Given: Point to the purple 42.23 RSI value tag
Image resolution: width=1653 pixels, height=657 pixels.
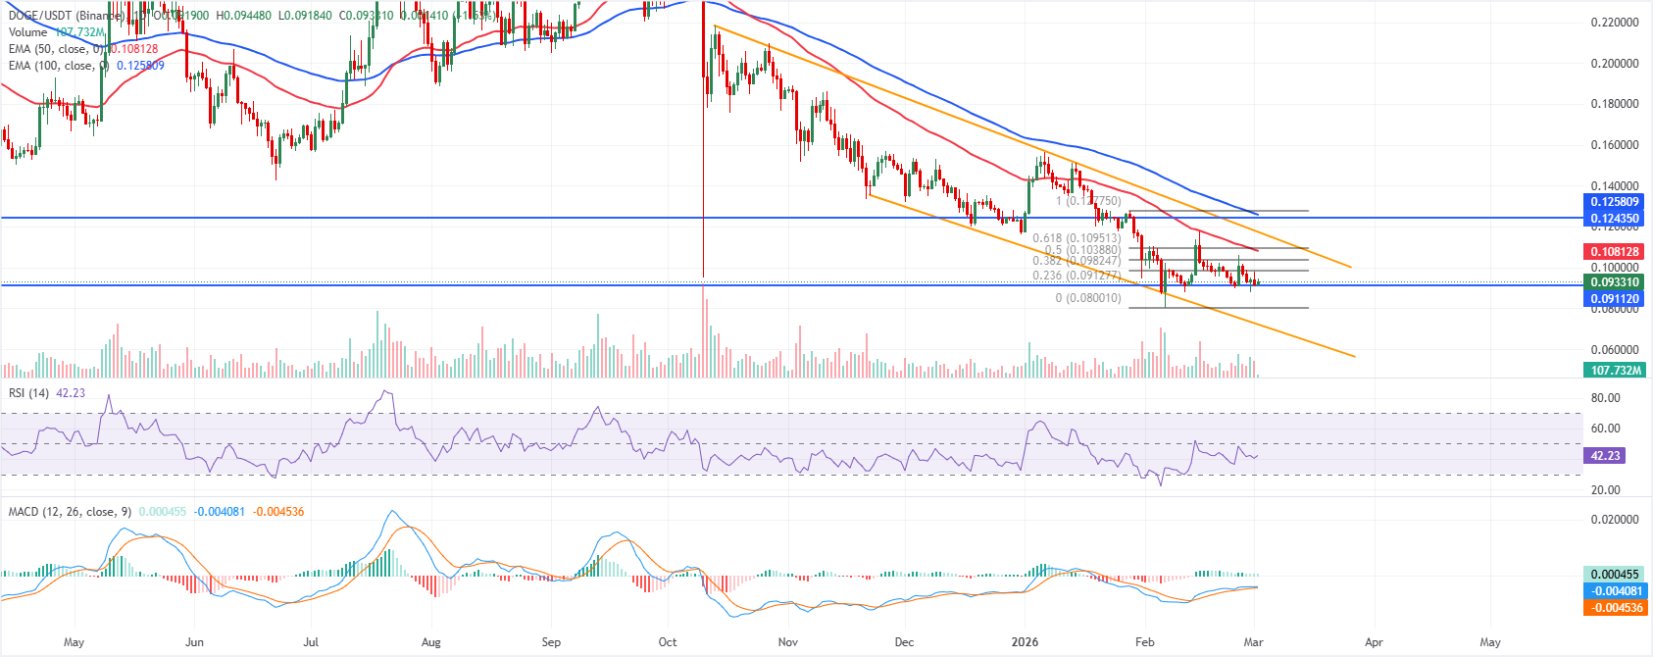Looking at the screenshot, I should point(1605,456).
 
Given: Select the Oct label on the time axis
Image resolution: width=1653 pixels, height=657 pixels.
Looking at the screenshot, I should point(668,642).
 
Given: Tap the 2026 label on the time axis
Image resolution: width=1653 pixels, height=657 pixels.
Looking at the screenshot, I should point(1026,642).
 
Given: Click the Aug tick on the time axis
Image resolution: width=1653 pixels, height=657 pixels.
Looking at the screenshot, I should point(431,642).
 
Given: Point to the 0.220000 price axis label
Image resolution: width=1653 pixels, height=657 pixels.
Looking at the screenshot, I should point(1615,23).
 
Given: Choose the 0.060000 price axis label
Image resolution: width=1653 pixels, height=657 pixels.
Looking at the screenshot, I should point(1615,350).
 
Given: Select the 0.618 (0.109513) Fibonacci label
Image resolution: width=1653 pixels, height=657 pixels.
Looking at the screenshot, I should point(1077,238).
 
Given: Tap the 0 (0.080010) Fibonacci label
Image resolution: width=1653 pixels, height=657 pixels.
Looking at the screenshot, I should point(1088,298).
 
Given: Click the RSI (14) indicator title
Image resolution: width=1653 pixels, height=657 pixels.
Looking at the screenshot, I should point(29,393).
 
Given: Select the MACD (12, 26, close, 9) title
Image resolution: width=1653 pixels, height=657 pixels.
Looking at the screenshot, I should point(70,512).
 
